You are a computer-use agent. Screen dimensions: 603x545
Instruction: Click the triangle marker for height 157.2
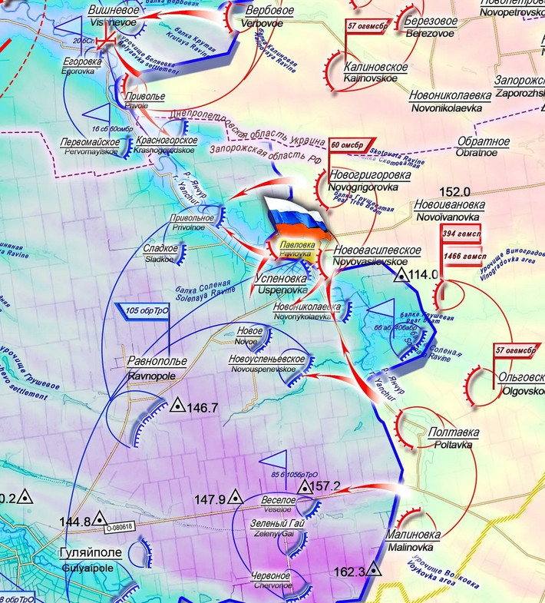pos(304,486)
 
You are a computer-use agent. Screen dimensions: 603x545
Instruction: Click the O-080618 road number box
pos(119,526)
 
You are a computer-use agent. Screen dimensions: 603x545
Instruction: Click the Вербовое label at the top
pos(269,12)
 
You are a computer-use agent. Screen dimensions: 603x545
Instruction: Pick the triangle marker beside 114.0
pos(401,274)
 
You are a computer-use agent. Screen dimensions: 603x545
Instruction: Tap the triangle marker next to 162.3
pos(373,569)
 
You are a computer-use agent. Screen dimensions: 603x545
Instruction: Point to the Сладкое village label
pos(160,249)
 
